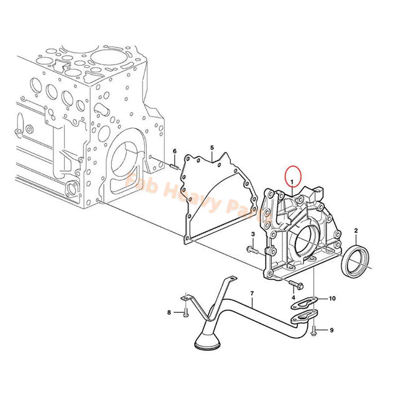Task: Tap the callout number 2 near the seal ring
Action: pyautogui.click(x=356, y=231)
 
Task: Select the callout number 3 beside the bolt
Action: pyautogui.click(x=253, y=234)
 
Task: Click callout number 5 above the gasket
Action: pyautogui.click(x=211, y=148)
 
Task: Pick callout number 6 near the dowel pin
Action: pyautogui.click(x=175, y=152)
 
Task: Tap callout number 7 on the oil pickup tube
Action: pyautogui.click(x=252, y=293)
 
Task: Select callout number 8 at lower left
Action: pyautogui.click(x=169, y=312)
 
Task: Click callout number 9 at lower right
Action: pyautogui.click(x=331, y=330)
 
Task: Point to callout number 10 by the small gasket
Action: pyautogui.click(x=332, y=299)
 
